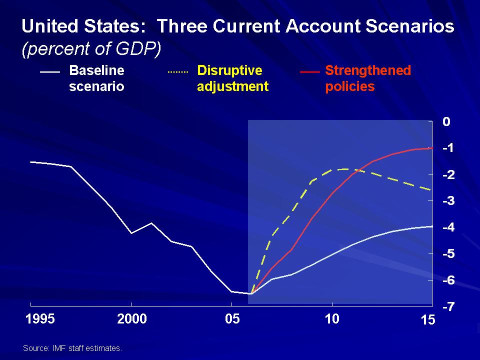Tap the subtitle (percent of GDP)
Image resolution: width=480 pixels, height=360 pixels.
click(91, 48)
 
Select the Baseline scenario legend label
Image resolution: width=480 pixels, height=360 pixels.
click(96, 78)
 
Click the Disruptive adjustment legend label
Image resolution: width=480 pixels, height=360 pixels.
click(232, 78)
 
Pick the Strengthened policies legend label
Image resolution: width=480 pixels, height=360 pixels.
click(368, 78)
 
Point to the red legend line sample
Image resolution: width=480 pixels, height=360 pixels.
click(310, 72)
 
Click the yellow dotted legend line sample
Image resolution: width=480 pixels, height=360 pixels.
click(177, 72)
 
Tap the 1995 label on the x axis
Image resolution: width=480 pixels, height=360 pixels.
click(40, 319)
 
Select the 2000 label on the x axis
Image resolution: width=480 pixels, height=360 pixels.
click(132, 319)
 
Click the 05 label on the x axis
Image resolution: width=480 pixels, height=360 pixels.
click(232, 319)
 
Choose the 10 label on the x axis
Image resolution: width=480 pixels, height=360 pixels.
click(332, 319)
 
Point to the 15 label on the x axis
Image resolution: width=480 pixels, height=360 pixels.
click(428, 320)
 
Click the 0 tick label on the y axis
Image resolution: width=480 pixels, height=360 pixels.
click(446, 122)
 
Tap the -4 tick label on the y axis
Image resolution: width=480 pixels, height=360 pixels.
click(448, 227)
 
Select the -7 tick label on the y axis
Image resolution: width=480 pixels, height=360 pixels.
click(448, 306)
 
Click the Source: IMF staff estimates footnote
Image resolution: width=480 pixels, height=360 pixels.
click(72, 348)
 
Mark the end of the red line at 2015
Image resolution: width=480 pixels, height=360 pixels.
click(432, 148)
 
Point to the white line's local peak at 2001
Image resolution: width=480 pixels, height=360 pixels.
click(151, 223)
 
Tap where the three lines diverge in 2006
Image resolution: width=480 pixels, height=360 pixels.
click(251, 294)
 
